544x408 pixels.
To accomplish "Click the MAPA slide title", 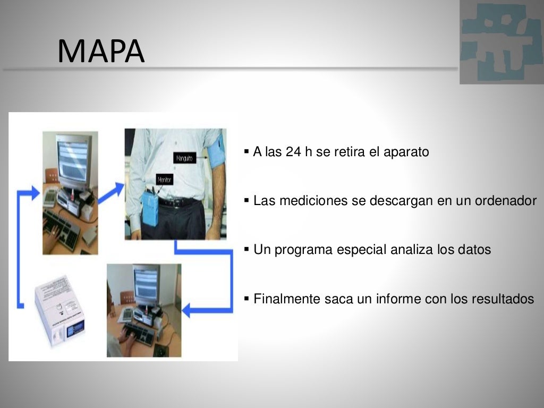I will coord(101,52).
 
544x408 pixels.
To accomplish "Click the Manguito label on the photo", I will coord(185,158).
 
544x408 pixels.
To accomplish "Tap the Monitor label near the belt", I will coord(165,181).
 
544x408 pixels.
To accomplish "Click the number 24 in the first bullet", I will coord(293,152).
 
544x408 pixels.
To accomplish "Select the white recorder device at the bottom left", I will coord(59,313).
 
